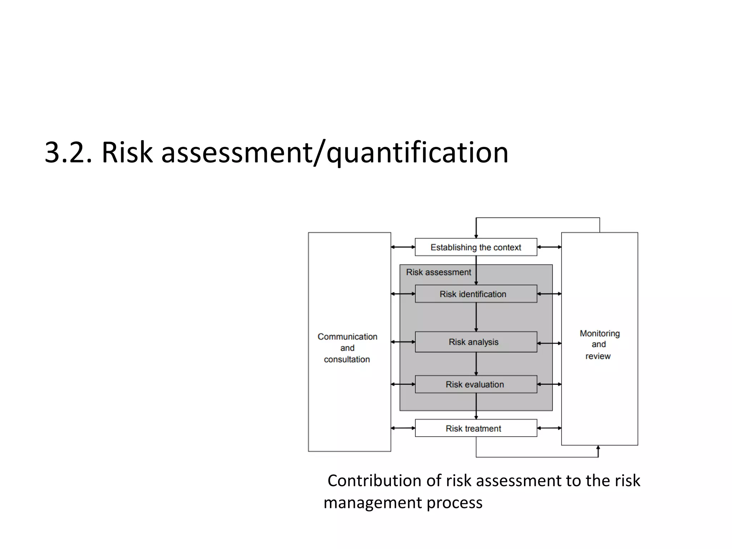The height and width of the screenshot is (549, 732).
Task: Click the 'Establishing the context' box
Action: [x=476, y=247]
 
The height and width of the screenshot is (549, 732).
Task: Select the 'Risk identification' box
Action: [x=476, y=294]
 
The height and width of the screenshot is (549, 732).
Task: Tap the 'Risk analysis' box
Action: [x=476, y=342]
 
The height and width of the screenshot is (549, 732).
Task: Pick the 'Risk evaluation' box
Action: [x=476, y=384]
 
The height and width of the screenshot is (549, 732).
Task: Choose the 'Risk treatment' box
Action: [x=476, y=428]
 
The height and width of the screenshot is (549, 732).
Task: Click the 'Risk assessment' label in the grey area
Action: [x=439, y=272]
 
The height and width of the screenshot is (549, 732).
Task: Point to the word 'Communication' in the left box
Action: [x=347, y=337]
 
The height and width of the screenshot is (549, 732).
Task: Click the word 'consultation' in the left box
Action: [x=347, y=359]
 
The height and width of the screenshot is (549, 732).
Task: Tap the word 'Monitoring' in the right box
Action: [x=600, y=333]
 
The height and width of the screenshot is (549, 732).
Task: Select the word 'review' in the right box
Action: [x=598, y=356]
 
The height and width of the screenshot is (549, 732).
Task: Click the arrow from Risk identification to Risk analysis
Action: [x=476, y=317]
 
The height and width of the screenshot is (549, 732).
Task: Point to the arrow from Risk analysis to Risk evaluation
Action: [x=476, y=364]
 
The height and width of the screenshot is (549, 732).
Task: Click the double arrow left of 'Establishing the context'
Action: [x=403, y=247]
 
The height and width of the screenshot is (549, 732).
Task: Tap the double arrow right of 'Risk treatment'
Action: [x=549, y=428]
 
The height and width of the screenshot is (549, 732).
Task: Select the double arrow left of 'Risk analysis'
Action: [x=403, y=342]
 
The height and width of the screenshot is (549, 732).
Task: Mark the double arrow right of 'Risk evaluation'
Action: [x=549, y=384]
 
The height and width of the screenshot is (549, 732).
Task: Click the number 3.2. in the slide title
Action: [x=68, y=153]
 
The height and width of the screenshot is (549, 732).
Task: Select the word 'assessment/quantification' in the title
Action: [x=335, y=153]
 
